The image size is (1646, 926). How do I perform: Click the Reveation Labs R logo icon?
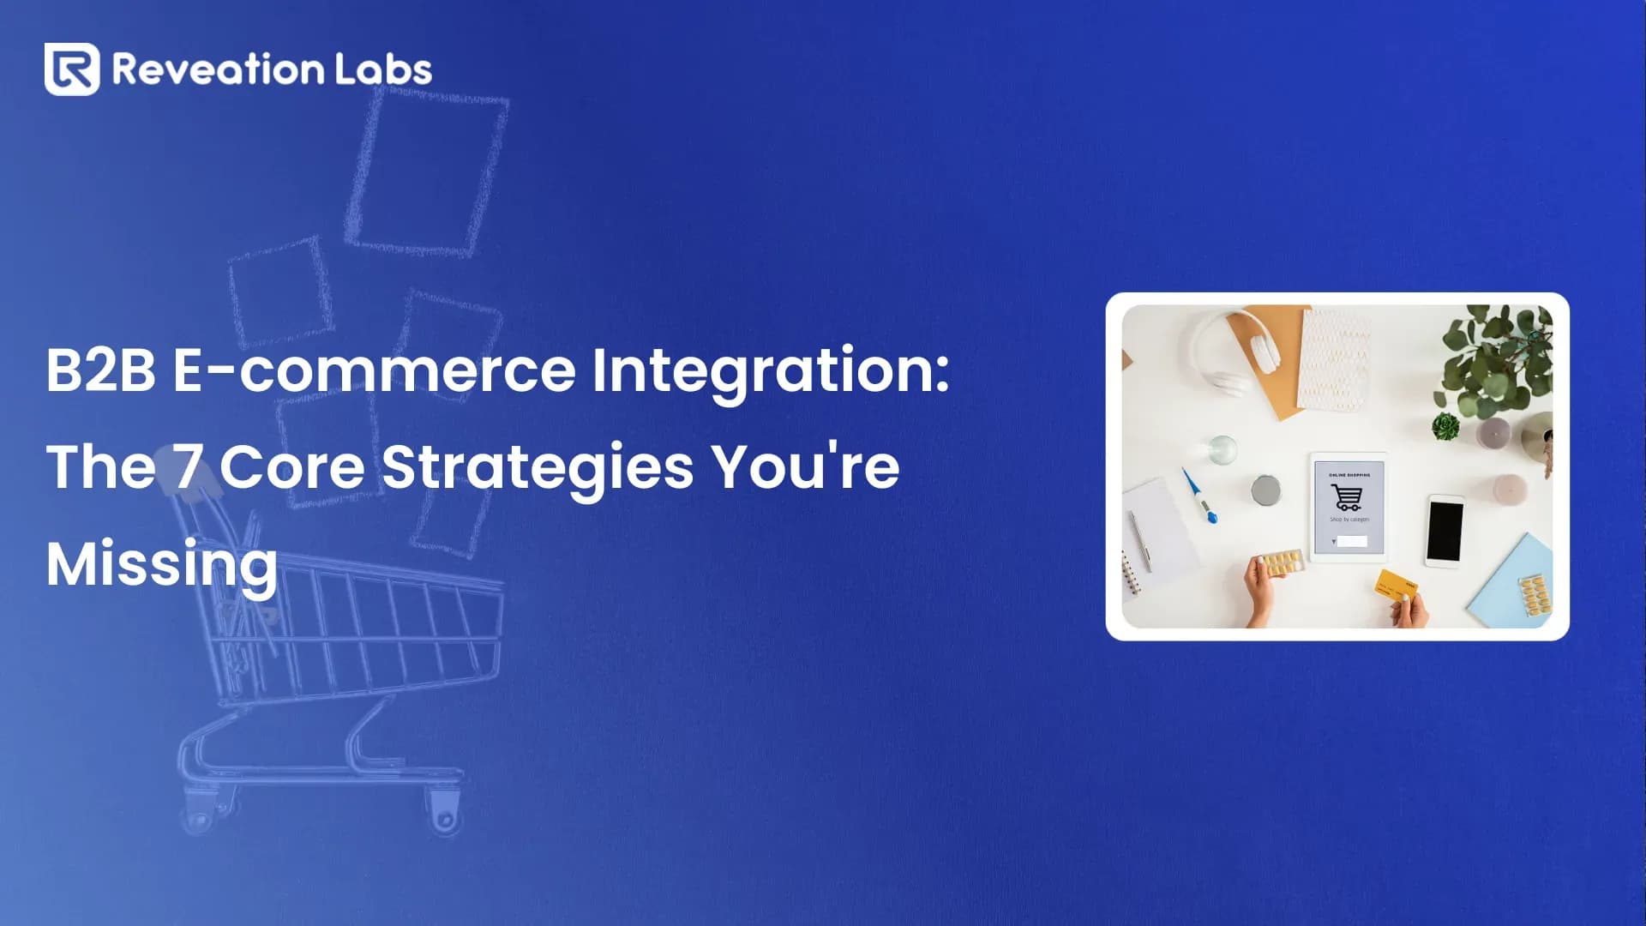point(72,69)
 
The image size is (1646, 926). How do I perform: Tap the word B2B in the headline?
point(100,370)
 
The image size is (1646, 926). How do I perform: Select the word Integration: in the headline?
point(770,370)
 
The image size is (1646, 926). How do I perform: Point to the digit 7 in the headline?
point(189,467)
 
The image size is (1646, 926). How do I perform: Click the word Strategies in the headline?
point(538,467)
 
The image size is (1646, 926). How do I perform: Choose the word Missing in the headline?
point(162,564)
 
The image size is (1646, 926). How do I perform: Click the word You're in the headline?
point(806,467)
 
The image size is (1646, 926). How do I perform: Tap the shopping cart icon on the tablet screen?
point(1346,497)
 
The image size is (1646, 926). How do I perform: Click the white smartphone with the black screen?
point(1445,531)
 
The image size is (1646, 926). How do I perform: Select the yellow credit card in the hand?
point(1396,586)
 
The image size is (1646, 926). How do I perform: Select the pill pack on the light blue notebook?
point(1535,594)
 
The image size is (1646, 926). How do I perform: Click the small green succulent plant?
point(1445,425)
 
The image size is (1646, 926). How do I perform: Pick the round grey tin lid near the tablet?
point(1265,490)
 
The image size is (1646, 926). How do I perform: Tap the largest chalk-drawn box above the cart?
point(426,171)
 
